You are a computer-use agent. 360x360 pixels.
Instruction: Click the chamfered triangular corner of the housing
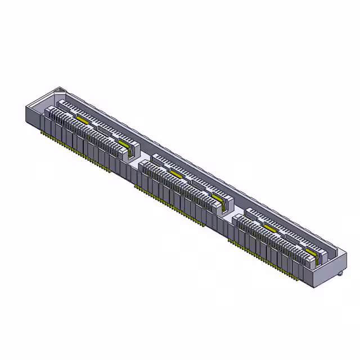coord(60,89)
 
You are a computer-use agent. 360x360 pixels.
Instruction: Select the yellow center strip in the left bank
coord(83,121)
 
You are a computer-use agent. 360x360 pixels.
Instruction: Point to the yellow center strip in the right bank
coord(269,229)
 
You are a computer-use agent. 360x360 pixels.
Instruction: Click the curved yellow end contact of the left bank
coord(124,146)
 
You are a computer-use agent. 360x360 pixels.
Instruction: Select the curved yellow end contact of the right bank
coord(311,253)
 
